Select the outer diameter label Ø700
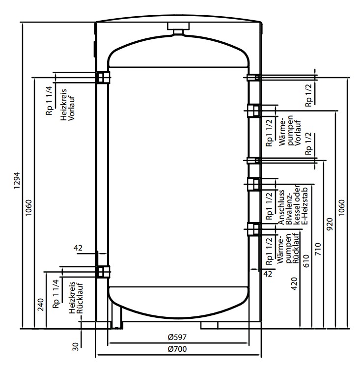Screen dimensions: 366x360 (175, 349)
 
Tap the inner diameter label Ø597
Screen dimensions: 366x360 (175, 338)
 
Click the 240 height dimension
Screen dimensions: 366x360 (41, 305)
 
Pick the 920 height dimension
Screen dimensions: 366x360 (330, 224)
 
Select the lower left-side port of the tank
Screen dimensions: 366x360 (103, 271)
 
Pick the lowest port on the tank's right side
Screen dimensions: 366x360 (254, 229)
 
